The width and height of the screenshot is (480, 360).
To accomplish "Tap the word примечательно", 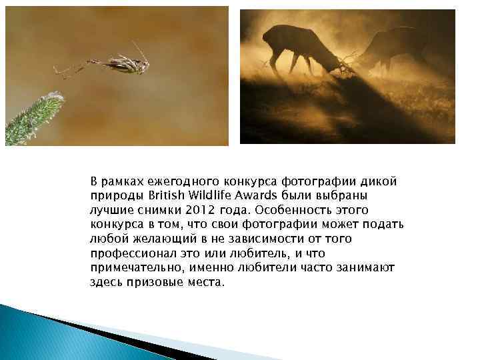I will tap(134, 268).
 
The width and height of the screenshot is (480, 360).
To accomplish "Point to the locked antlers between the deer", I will tap(346, 63).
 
